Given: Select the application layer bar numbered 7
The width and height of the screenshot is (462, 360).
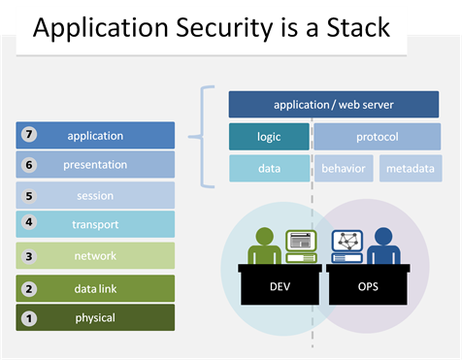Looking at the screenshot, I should tap(95, 136).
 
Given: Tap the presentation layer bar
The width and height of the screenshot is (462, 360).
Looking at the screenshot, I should tap(95, 165).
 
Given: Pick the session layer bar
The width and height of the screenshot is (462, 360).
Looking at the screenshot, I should tap(95, 196).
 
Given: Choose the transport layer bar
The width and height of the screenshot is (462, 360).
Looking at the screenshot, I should tap(95, 225).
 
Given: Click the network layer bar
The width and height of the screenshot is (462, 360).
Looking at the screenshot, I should tap(95, 256).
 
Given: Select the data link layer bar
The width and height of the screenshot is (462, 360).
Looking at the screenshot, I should tap(95, 288).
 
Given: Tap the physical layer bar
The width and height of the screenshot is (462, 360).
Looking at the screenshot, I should tap(95, 317).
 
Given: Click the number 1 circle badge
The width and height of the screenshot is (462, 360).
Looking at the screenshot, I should tap(29, 317).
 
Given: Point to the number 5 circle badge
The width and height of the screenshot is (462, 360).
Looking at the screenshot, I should tap(29, 196).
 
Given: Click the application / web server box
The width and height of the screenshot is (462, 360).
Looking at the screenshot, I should tap(333, 105).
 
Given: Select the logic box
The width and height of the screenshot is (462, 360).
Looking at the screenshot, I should tap(269, 137).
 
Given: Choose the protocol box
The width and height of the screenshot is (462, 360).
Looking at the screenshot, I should tap(377, 137).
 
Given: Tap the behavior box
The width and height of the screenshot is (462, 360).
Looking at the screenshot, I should tap(344, 169).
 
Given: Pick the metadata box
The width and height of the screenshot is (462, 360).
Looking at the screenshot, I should tap(410, 169).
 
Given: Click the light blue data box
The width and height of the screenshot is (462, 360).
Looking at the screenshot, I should tap(269, 169).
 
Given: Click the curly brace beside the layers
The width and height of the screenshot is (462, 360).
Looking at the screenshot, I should tap(205, 136).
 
